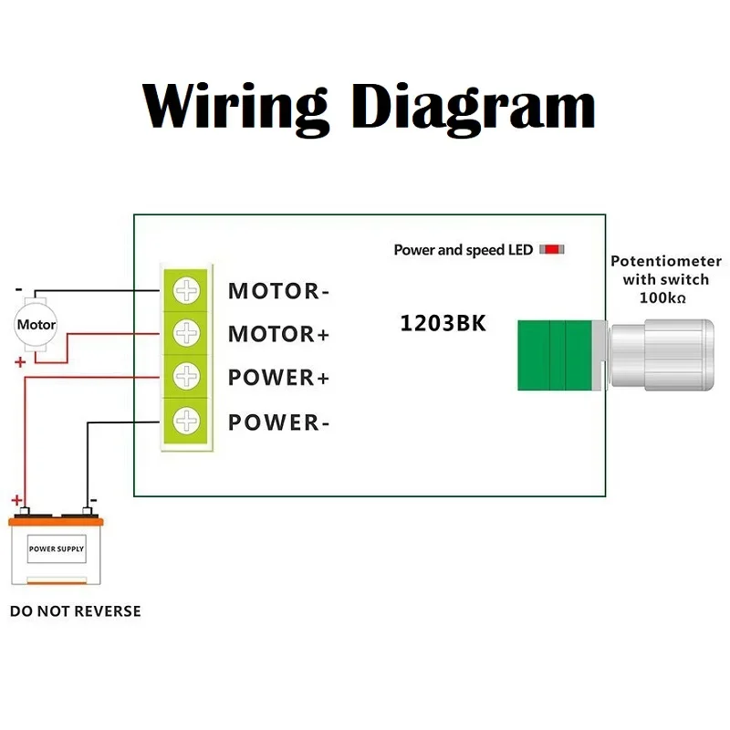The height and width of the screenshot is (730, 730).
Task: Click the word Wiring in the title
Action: click(235, 107)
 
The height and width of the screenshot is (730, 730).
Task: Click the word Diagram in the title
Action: click(474, 107)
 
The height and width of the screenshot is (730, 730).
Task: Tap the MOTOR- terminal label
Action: click(278, 291)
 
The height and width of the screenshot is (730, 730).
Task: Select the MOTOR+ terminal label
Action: click(278, 334)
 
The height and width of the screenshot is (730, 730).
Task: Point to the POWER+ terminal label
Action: click(278, 378)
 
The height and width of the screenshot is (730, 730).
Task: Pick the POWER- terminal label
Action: click(278, 422)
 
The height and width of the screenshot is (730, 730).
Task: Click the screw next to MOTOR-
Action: click(187, 291)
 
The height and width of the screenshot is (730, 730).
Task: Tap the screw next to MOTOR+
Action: click(187, 333)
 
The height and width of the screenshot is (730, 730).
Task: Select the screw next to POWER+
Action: click(187, 377)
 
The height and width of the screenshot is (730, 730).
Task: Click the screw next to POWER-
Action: click(187, 421)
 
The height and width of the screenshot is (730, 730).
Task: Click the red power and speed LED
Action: click(552, 249)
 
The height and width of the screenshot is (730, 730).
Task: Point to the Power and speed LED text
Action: click(463, 249)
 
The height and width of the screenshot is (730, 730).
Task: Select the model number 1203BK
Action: click(443, 323)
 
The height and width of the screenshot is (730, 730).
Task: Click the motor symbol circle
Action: click(36, 325)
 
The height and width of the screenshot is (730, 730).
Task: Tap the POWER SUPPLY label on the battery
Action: click(57, 549)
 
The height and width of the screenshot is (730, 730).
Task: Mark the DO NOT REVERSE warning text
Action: click(76, 610)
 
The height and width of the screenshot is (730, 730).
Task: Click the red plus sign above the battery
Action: click(16, 500)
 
